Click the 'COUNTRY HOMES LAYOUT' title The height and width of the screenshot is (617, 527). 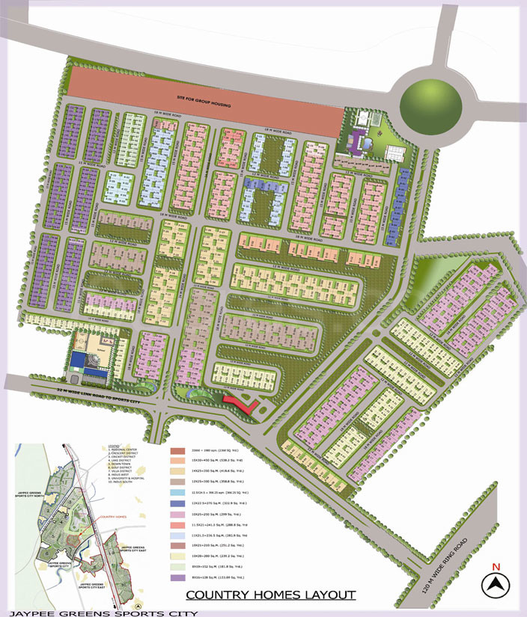pos(271,595)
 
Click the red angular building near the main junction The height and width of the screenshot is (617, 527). pos(241,404)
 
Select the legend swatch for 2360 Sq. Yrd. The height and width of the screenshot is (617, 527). pos(177,451)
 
